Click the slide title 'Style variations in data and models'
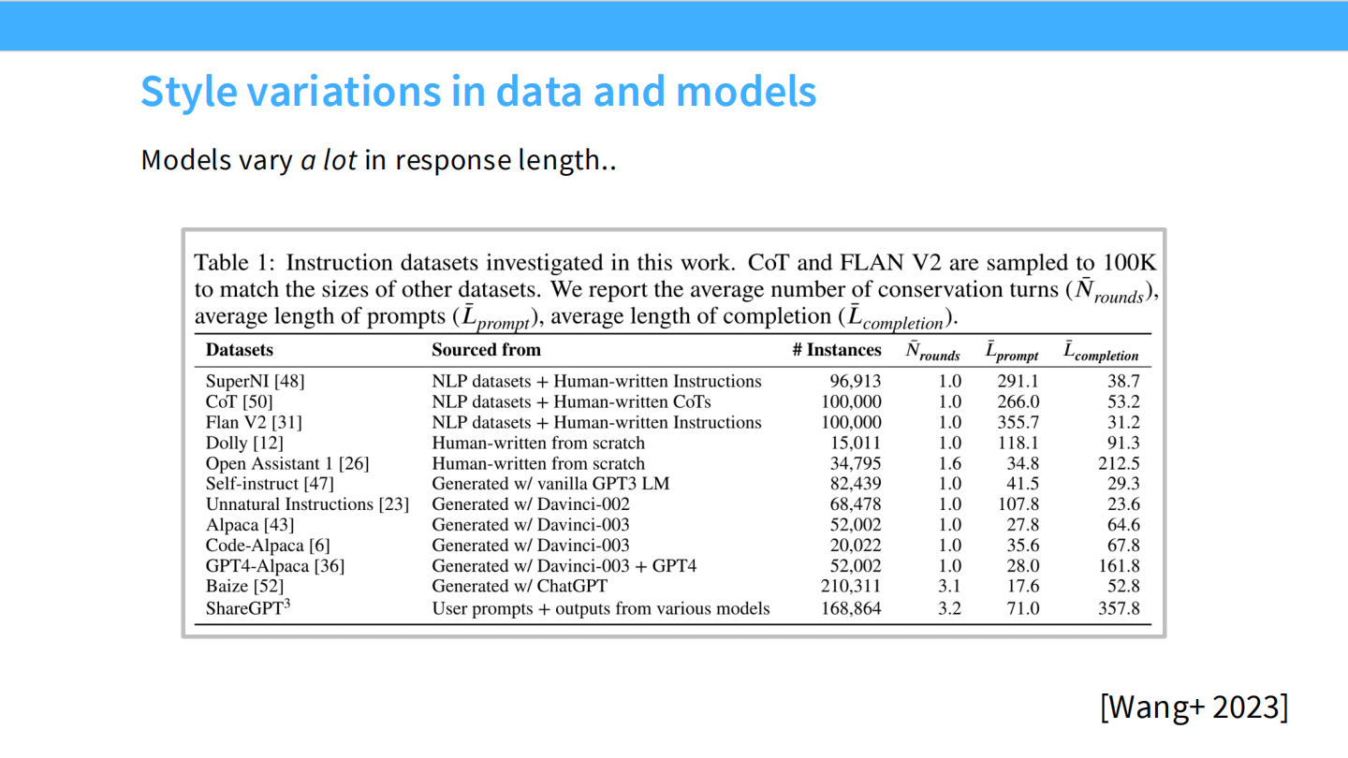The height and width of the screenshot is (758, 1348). [x=478, y=92]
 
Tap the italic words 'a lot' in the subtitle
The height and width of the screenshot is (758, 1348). [x=329, y=160]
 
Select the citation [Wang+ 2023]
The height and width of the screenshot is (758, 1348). [x=1194, y=707]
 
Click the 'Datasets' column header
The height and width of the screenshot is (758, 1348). [x=240, y=350]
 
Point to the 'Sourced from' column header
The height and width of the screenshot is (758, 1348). [x=486, y=350]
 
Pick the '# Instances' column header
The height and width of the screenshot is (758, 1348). [x=836, y=350]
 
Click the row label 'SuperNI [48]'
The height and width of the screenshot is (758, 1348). [x=255, y=381]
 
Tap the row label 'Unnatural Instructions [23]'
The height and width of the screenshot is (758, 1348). [x=307, y=504]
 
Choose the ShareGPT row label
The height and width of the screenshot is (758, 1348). [x=248, y=608]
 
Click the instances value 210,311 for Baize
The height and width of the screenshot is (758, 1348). [x=851, y=587]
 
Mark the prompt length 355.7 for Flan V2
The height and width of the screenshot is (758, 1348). [x=1018, y=422]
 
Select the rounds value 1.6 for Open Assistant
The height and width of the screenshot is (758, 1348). [x=949, y=463]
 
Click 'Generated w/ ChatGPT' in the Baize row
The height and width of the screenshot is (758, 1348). [x=519, y=587]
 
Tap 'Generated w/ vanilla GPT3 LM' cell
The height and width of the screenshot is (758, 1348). [x=550, y=484]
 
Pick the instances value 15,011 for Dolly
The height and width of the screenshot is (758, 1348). [x=856, y=443]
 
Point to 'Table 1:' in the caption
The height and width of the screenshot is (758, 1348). [x=234, y=262]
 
